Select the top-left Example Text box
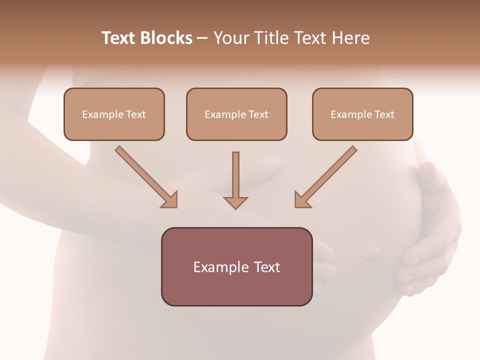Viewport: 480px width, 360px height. [114, 114]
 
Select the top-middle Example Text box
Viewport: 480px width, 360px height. [236, 114]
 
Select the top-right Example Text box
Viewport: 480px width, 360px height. [362, 114]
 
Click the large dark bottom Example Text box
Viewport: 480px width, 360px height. [236, 266]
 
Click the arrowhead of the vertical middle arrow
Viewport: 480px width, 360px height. [235, 202]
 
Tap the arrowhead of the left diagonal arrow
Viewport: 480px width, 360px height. [170, 200]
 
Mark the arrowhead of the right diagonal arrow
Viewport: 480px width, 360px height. [301, 200]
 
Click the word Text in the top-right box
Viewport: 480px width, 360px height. [384, 114]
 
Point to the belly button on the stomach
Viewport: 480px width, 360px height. [370, 255]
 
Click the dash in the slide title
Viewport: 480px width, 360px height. [202, 38]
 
